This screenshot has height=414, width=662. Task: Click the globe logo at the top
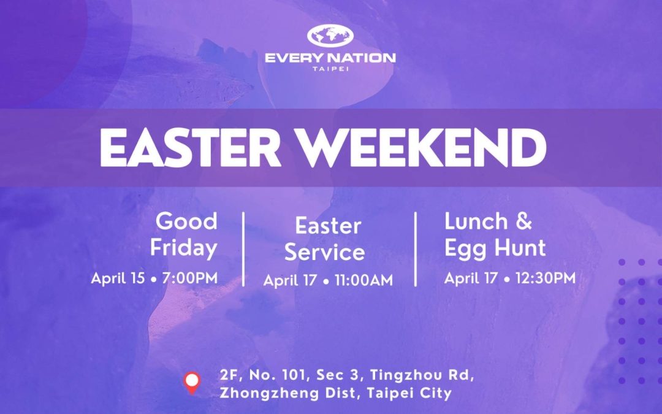point(330,36)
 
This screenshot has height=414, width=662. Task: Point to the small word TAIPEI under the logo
point(330,69)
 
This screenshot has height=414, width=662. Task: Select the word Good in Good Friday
point(186,221)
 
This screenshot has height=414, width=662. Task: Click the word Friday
point(184,248)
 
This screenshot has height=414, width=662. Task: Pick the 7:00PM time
point(190,278)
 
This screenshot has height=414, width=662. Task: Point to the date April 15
point(118,278)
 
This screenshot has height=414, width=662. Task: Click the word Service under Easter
point(324,252)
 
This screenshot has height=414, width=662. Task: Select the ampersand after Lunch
point(523,221)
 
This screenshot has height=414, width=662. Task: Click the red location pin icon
point(192,383)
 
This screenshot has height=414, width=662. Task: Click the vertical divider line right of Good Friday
point(243,249)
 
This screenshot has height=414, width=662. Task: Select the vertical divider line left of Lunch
point(416,249)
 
